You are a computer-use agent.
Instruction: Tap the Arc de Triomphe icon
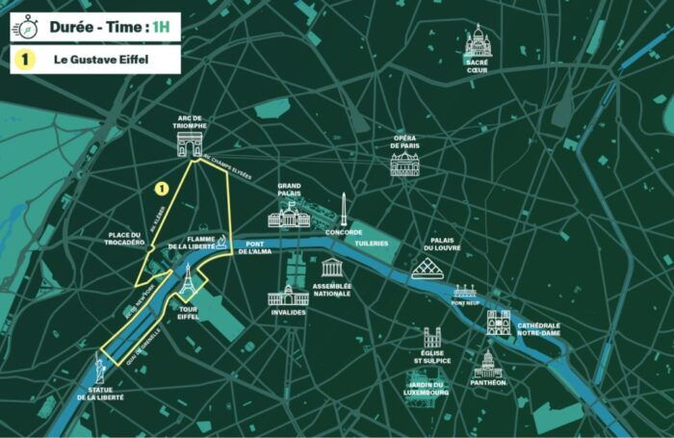[x=190, y=144]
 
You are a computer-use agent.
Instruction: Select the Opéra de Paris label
[x=404, y=142]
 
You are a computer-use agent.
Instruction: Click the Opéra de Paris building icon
[x=404, y=165]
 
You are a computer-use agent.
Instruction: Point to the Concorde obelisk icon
[x=343, y=209]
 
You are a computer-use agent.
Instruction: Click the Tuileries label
[x=371, y=243]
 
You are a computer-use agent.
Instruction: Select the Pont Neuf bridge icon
[x=465, y=291]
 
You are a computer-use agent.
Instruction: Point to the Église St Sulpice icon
[x=432, y=339]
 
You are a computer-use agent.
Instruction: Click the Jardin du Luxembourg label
[x=427, y=388]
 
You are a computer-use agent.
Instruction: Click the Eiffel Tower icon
[x=188, y=280]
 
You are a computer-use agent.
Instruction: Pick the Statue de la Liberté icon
[x=100, y=367]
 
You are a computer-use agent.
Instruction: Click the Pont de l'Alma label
[x=256, y=248]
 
